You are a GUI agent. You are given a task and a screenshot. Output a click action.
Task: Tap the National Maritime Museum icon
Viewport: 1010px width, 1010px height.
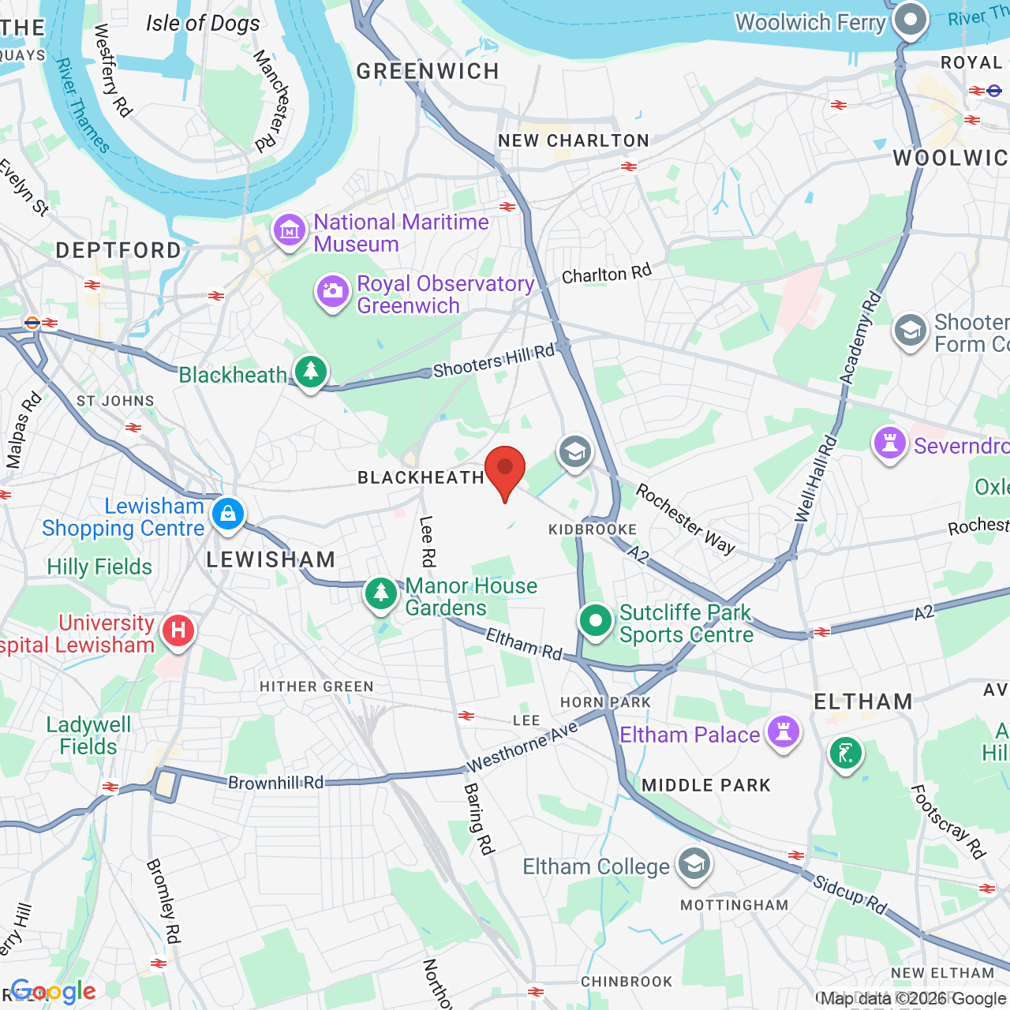pyautogui.click(x=290, y=230)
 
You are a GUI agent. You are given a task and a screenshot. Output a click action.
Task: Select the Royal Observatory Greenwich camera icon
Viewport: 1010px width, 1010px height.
pyautogui.click(x=333, y=291)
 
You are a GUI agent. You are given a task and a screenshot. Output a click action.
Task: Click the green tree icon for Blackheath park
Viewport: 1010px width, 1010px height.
pyautogui.click(x=311, y=371)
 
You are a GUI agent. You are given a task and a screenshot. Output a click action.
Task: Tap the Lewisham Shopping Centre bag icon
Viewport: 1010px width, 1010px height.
pyautogui.click(x=228, y=514)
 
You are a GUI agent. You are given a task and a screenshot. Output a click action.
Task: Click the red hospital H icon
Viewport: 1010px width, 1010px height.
pyautogui.click(x=178, y=630)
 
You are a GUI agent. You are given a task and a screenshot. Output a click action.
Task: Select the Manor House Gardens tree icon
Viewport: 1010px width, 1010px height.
pyautogui.click(x=381, y=593)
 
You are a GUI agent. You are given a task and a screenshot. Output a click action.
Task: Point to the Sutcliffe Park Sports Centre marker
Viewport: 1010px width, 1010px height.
pyautogui.click(x=596, y=621)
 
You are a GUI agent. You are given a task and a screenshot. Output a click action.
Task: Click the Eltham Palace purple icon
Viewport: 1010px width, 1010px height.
pyautogui.click(x=783, y=731)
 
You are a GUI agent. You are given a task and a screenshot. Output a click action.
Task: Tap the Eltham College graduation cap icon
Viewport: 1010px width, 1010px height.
pyautogui.click(x=694, y=864)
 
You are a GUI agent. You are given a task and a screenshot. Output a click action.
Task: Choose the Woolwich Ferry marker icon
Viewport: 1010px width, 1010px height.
pyautogui.click(x=911, y=19)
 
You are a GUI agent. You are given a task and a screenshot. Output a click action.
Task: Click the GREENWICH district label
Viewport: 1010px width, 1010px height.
pyautogui.click(x=428, y=72)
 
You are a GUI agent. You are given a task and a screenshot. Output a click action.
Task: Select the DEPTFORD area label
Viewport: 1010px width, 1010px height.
pyautogui.click(x=118, y=251)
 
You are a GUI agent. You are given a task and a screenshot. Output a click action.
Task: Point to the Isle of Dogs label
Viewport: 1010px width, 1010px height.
pyautogui.click(x=203, y=24)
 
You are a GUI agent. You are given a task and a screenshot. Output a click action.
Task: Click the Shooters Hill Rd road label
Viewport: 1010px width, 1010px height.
pyautogui.click(x=494, y=361)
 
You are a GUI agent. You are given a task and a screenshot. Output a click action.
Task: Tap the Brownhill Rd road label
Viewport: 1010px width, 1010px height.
pyautogui.click(x=275, y=783)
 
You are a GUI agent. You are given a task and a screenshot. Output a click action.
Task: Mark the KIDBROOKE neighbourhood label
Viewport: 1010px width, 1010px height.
pyautogui.click(x=593, y=529)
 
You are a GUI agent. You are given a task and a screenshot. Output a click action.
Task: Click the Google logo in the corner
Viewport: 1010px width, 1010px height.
pyautogui.click(x=54, y=991)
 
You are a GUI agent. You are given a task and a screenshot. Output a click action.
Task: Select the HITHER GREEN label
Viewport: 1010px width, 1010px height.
pyautogui.click(x=316, y=686)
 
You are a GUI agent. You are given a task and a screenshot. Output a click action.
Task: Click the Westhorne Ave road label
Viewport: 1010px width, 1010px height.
pyautogui.click(x=522, y=747)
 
